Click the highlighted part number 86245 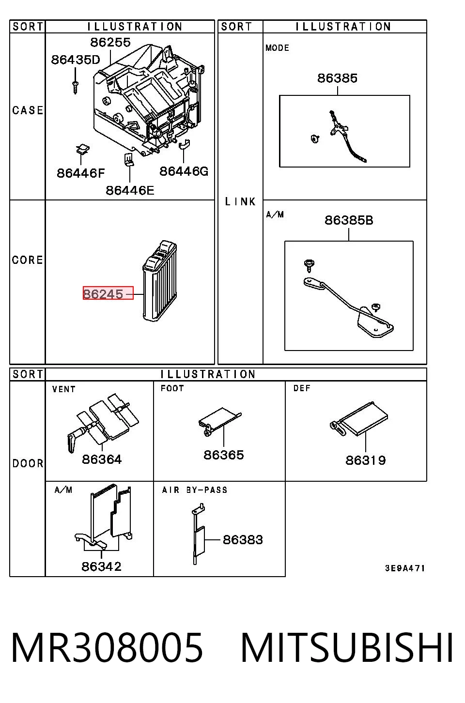103,294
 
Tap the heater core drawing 160,281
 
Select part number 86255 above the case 110,42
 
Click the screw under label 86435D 75,87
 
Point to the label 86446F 81,173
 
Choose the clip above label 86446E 129,159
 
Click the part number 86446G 184,171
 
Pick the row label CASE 28,110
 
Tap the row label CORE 27,260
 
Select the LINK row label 240,201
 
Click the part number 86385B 349,220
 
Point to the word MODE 277,48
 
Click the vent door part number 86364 101,459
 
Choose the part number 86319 366,460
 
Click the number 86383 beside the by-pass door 243,540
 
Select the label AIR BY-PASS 194,490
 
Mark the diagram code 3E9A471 405,568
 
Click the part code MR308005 107,648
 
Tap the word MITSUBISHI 347,648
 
